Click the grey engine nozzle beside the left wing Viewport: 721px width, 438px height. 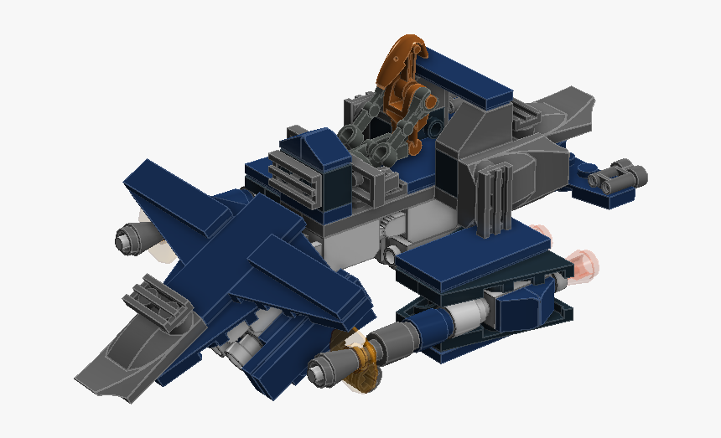tap(131, 240)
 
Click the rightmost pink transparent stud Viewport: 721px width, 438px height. tap(586, 261)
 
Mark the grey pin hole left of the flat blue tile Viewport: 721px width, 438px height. tap(394, 250)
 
